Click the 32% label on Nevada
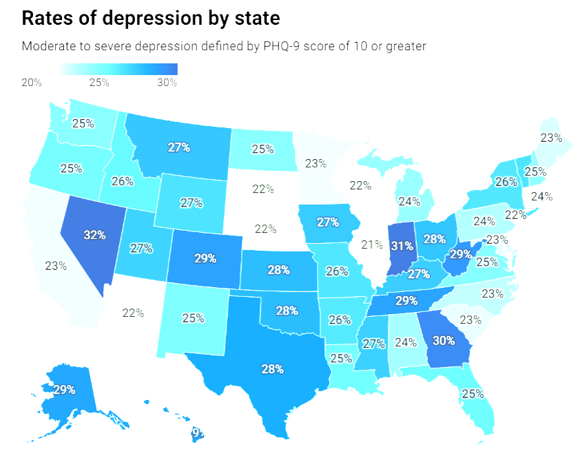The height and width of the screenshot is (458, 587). (x=94, y=235)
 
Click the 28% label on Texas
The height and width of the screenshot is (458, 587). (x=272, y=369)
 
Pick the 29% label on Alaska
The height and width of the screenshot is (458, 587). (x=64, y=390)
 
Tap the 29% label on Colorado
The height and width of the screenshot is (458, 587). (x=205, y=258)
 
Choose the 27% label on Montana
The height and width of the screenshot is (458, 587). (x=179, y=147)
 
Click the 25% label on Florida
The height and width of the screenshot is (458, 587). (x=473, y=394)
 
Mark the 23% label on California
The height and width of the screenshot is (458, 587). (x=56, y=266)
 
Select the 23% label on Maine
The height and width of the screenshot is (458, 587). (x=551, y=137)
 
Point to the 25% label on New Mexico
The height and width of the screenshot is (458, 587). (x=193, y=318)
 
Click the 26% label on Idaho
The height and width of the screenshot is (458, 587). (x=121, y=182)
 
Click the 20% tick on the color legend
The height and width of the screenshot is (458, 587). (x=32, y=83)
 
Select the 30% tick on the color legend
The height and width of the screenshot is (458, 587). (x=167, y=83)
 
